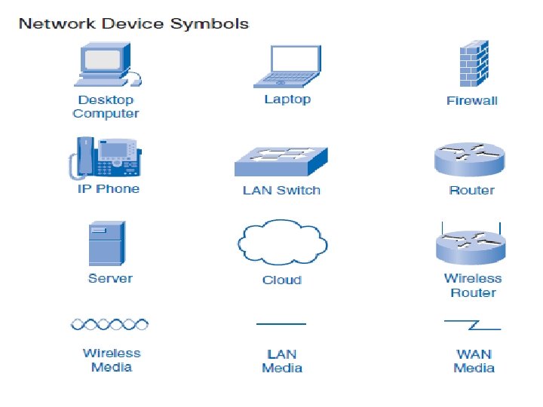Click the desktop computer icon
point(107,64)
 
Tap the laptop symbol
point(287,66)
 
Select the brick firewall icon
point(474,63)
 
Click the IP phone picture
point(106,158)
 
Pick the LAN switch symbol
point(281,161)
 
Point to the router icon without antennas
point(470,160)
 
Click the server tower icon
point(107,243)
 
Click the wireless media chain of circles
point(109,324)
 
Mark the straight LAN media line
point(281,324)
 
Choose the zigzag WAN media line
point(473,325)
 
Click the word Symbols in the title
point(210,24)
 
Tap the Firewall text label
point(472,101)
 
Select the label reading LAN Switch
point(281,190)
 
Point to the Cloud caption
point(282,280)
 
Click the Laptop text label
point(287,99)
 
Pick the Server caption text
point(110,278)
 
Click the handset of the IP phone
point(81,158)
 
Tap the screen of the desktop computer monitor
point(103,60)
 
